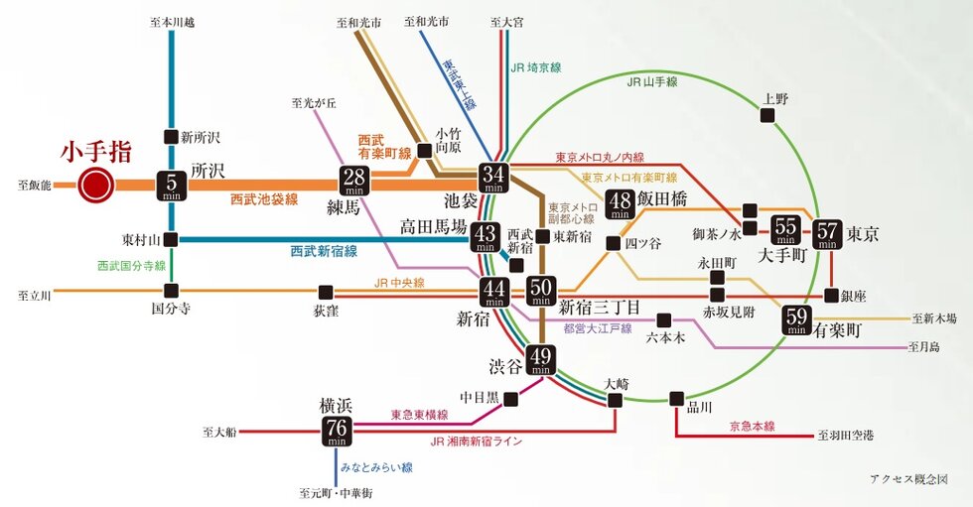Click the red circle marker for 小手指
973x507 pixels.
click(x=96, y=185)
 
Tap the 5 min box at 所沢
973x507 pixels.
click(x=172, y=185)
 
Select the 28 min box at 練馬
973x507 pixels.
click(x=354, y=182)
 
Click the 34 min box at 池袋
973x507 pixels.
click(x=493, y=178)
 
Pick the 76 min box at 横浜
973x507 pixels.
click(x=334, y=429)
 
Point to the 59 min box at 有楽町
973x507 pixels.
click(x=796, y=320)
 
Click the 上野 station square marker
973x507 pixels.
click(x=767, y=116)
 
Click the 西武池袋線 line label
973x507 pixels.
click(x=264, y=199)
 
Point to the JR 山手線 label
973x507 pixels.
click(x=651, y=82)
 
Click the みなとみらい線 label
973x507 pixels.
click(x=376, y=466)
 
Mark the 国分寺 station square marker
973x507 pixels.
click(x=172, y=291)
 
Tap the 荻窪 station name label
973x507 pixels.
click(x=326, y=311)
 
